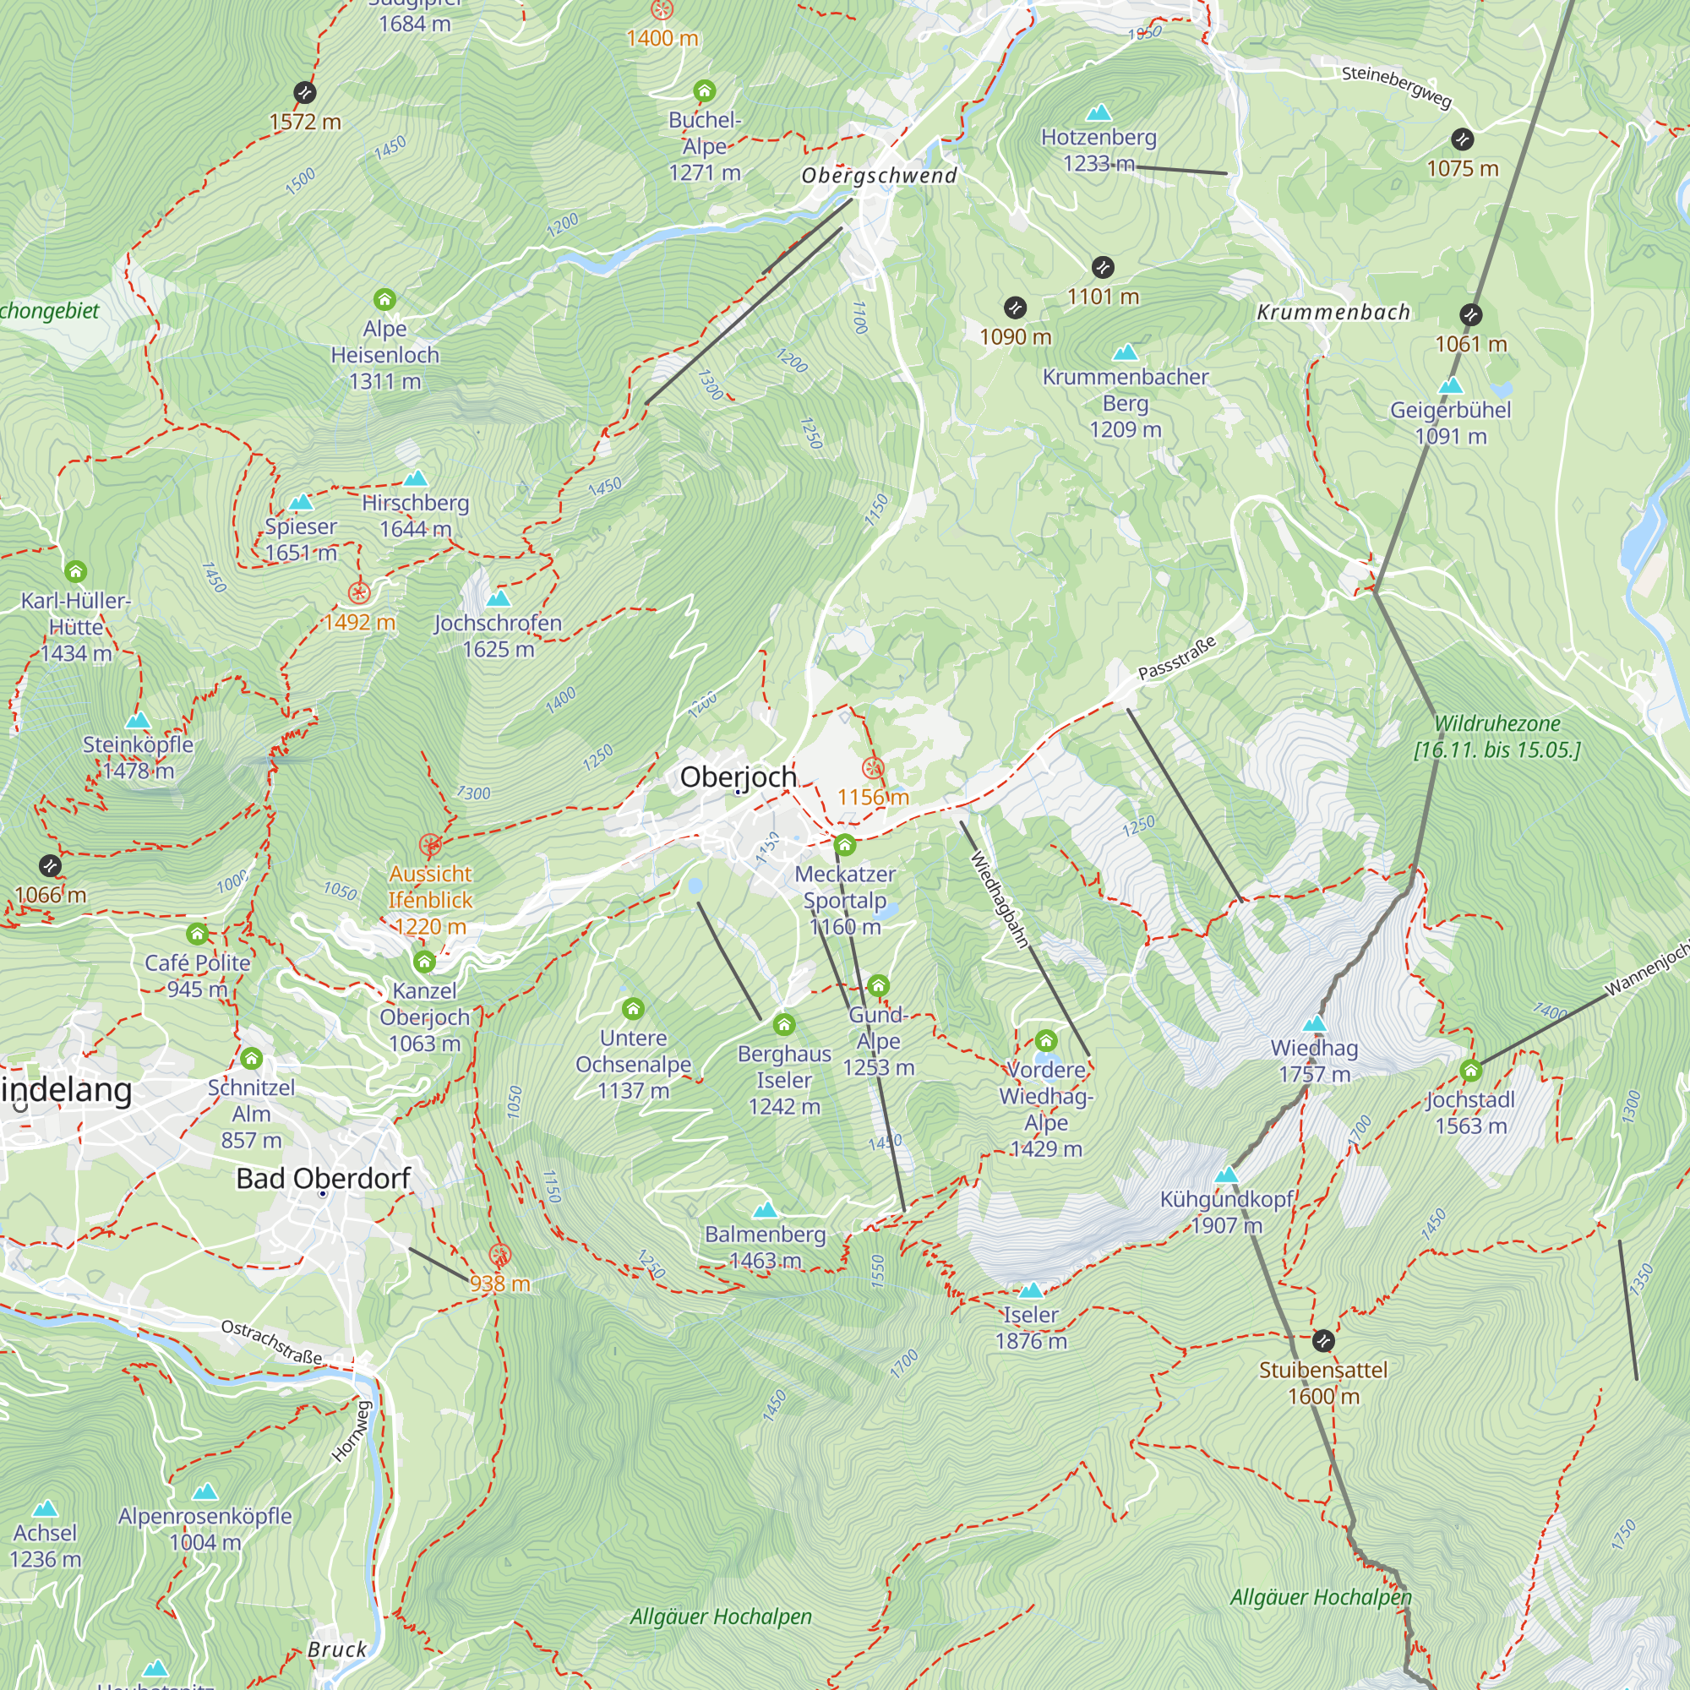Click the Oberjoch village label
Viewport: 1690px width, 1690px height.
[738, 777]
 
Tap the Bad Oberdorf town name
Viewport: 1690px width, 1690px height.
[323, 1178]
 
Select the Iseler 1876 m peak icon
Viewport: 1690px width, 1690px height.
[1031, 1290]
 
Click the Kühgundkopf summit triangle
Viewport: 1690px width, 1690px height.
[1226, 1175]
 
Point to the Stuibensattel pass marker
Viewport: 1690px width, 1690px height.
[1323, 1340]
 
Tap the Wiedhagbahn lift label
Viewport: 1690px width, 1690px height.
[999, 899]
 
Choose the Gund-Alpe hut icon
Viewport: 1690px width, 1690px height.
[878, 986]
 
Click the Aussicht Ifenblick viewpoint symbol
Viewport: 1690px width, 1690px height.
[429, 845]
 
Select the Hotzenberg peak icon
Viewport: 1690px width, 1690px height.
[1098, 113]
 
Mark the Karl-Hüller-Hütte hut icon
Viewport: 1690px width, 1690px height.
[76, 572]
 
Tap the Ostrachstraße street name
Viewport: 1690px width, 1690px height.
[271, 1342]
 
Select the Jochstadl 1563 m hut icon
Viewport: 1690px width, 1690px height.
[1470, 1070]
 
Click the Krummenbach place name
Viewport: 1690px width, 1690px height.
[1333, 313]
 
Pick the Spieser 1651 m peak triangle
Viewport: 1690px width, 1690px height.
[301, 502]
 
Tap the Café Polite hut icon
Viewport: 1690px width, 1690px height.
[198, 935]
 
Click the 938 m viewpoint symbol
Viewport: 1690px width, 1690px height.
[499, 1256]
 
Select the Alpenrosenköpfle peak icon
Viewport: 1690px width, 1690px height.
[204, 1491]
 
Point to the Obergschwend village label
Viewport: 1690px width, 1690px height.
[879, 175]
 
